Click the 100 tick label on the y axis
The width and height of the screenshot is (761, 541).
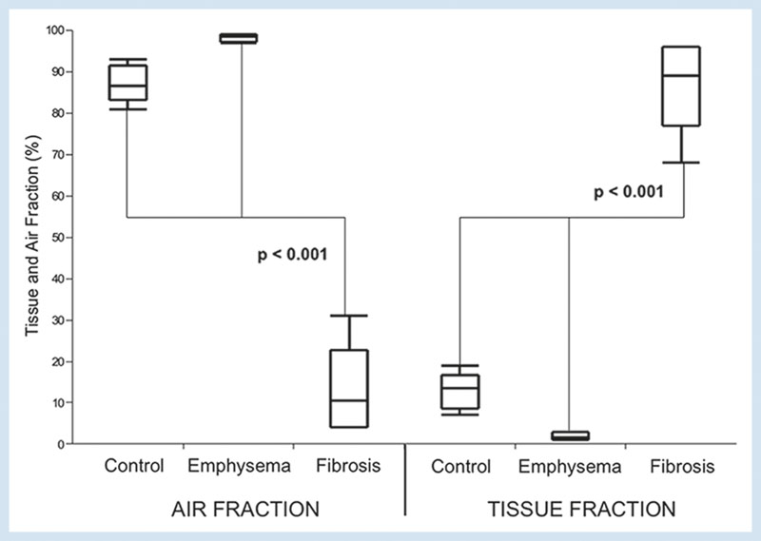tap(55, 30)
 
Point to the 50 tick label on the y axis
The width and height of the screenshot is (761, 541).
tap(58, 238)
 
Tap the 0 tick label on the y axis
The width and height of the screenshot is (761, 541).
tap(61, 444)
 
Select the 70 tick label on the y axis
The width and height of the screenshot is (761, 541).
tap(58, 155)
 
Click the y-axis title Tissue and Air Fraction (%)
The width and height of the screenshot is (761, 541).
tap(32, 236)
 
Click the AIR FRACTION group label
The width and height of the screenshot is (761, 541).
tap(245, 510)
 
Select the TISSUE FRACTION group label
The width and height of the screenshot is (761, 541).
tap(581, 510)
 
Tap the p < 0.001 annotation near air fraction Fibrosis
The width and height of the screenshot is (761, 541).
tap(292, 254)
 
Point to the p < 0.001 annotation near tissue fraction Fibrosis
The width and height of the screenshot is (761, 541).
tap(629, 192)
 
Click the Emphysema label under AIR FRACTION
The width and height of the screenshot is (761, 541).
tap(239, 467)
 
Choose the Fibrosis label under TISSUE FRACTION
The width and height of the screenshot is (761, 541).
tap(682, 466)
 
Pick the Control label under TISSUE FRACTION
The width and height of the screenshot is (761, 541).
tap(460, 466)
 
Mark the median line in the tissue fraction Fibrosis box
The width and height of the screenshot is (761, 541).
tap(681, 76)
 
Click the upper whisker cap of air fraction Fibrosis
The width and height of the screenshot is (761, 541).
tap(349, 316)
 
